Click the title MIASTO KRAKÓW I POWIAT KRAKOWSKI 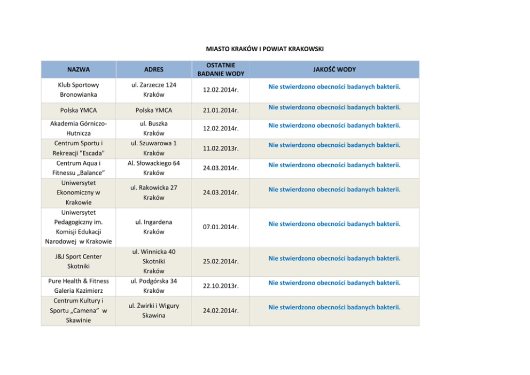[265, 49]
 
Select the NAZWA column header [79, 69]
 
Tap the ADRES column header [154, 69]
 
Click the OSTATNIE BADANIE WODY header [220, 69]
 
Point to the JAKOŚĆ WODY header [334, 69]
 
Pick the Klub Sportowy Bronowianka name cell [79, 90]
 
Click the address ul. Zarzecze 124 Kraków [154, 90]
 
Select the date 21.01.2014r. [220, 111]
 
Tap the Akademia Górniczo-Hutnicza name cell [79, 128]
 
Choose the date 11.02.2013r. [220, 149]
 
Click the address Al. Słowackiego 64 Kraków [154, 168]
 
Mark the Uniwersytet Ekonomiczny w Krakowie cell [79, 192]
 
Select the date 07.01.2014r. [220, 227]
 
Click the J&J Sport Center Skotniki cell [79, 261]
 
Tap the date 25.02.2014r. [220, 262]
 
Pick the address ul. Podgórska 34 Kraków [154, 286]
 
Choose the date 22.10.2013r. [220, 286]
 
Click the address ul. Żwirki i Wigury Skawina [154, 310]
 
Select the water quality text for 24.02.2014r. [334, 307]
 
